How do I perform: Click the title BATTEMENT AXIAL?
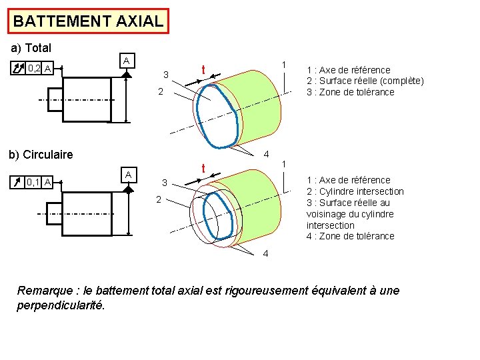pyautogui.click(x=88, y=21)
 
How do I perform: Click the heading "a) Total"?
pyautogui.click(x=31, y=49)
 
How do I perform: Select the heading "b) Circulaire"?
pyautogui.click(x=41, y=155)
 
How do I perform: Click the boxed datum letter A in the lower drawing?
pyautogui.click(x=127, y=174)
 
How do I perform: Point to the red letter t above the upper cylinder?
pyautogui.click(x=203, y=70)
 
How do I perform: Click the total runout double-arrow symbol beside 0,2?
pyautogui.click(x=19, y=67)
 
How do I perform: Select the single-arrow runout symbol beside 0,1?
pyautogui.click(x=19, y=181)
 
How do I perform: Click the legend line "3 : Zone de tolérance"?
pyautogui.click(x=350, y=92)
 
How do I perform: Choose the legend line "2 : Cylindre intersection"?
pyautogui.click(x=355, y=191)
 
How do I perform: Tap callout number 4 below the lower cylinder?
pyautogui.click(x=265, y=254)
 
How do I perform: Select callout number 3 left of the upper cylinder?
pyautogui.click(x=167, y=74)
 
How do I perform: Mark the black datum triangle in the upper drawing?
pyautogui.click(x=127, y=75)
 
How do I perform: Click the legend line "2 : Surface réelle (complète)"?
pyautogui.click(x=365, y=81)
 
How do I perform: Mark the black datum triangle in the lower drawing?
pyautogui.click(x=127, y=189)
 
